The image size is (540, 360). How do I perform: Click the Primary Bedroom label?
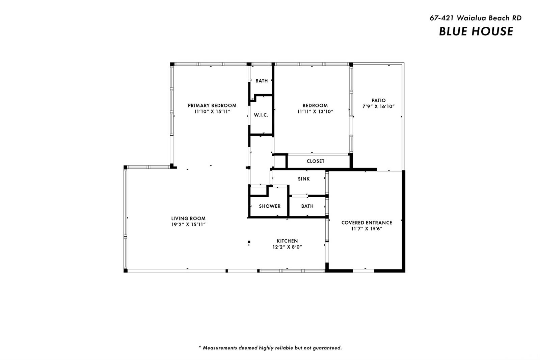(x=212, y=105)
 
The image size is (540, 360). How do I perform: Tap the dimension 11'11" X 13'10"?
(x=315, y=111)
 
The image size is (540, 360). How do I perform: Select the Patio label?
(x=378, y=100)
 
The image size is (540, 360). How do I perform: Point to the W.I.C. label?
(x=261, y=115)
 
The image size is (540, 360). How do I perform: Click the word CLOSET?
(x=316, y=161)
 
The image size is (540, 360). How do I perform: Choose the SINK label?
(x=304, y=179)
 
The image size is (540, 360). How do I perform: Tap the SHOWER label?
(x=270, y=206)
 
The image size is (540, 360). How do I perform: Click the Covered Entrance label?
(x=367, y=223)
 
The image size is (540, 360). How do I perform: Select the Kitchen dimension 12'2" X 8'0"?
(x=287, y=247)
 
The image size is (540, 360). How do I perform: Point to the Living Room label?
(x=188, y=218)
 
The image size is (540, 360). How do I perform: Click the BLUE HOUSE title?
(x=476, y=31)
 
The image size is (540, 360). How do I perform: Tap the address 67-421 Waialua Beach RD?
(x=476, y=18)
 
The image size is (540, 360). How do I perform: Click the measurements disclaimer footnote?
(x=270, y=348)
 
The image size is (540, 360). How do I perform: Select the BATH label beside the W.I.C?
(x=262, y=81)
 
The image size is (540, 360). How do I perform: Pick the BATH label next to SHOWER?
(x=307, y=206)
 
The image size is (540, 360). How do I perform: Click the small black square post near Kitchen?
(x=249, y=242)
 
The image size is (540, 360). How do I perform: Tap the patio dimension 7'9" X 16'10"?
(x=378, y=106)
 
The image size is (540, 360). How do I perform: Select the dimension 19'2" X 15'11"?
(x=188, y=224)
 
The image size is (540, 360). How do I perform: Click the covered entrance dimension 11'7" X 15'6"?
(x=367, y=229)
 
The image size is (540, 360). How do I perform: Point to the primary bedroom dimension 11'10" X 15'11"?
(x=212, y=111)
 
